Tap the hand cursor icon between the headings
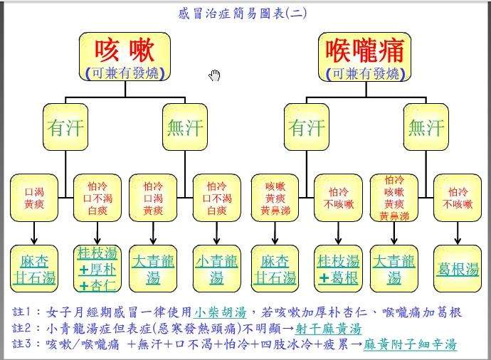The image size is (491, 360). coord(214,75)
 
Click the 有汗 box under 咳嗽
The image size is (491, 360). coord(65,127)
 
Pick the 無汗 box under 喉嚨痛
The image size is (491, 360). coord(425,127)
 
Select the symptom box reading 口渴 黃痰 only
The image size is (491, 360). coord(33,198)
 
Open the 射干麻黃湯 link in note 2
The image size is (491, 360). coord(330,328)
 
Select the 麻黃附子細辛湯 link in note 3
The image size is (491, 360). coord(410,344)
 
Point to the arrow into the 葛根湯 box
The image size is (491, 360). coord(457,233)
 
